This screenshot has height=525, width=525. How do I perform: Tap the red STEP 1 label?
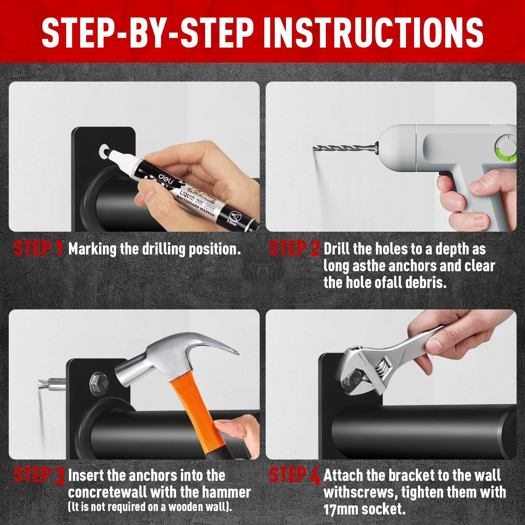38,248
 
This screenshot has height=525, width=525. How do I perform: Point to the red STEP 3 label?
39,475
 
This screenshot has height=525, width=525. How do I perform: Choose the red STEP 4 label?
295,475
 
